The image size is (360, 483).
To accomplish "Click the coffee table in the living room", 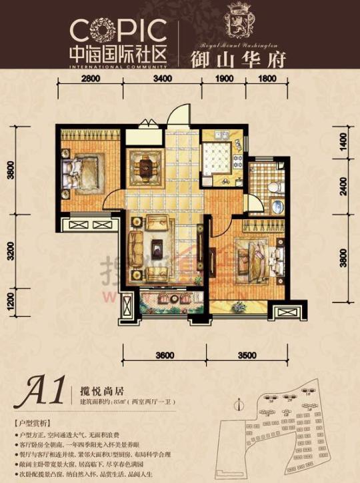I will click(157, 244).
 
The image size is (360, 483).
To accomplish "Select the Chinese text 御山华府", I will click(238, 59).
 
